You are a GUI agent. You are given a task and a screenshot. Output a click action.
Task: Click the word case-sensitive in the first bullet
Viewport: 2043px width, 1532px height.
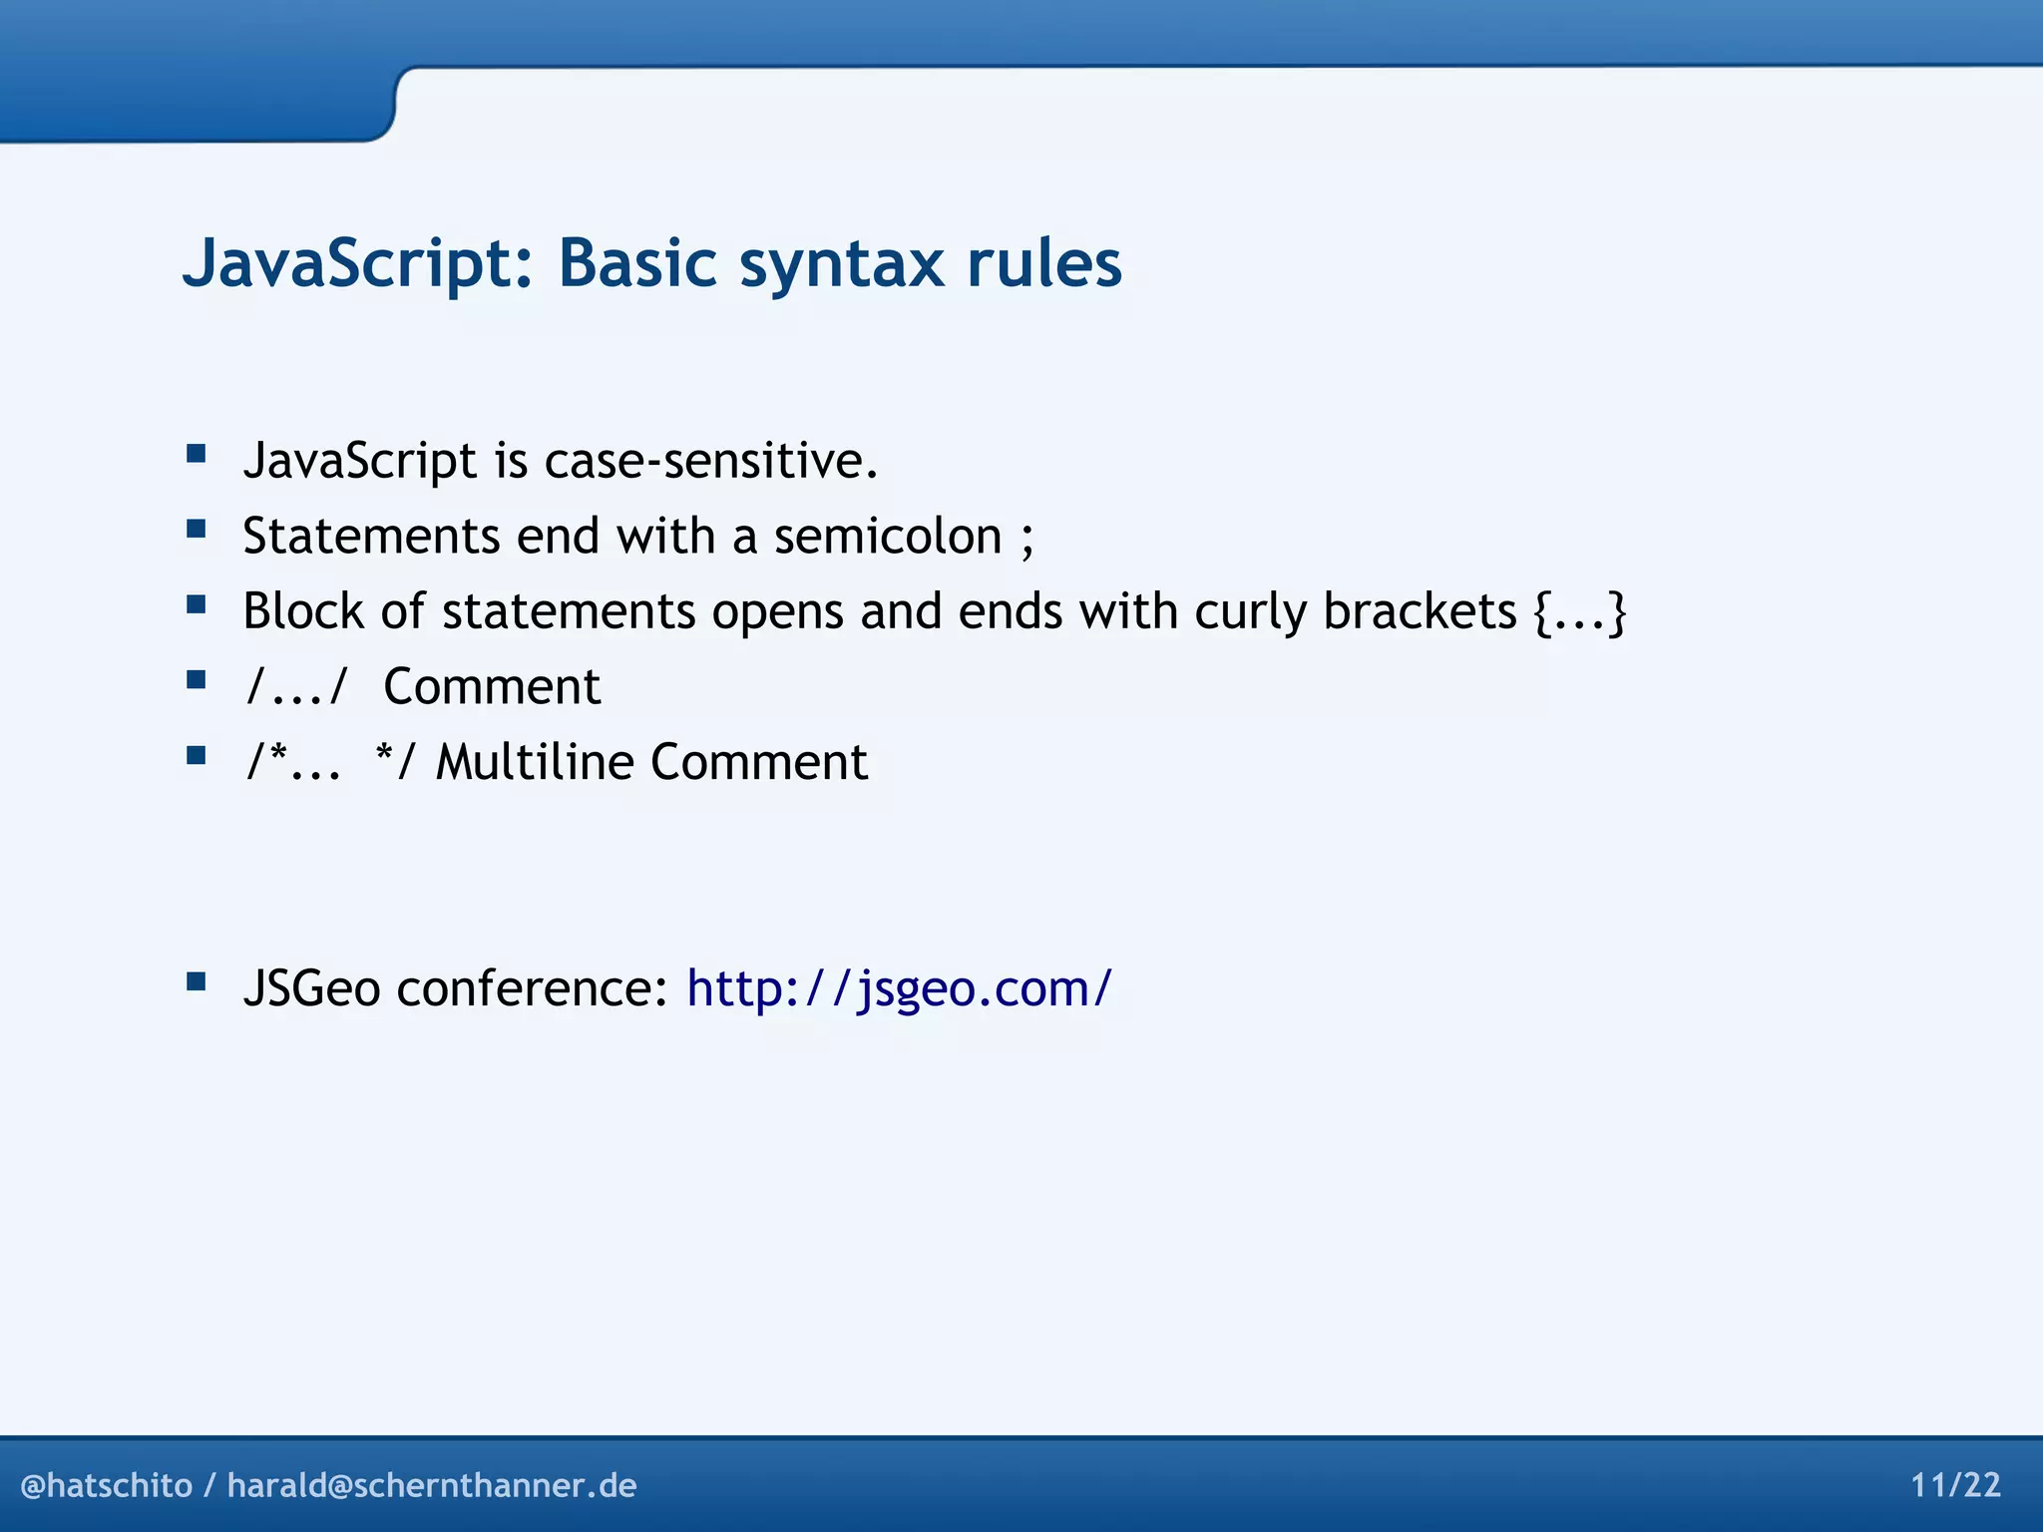(x=710, y=461)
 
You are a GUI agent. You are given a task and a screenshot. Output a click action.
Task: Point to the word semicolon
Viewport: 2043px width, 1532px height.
(x=888, y=537)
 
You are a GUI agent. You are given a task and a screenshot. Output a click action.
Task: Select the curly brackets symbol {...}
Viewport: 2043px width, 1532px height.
(x=1580, y=611)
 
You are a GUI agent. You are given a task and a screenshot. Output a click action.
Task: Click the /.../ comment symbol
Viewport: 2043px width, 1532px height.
(x=296, y=687)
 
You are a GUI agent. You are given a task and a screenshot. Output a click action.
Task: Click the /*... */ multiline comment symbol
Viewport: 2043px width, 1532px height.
(x=330, y=762)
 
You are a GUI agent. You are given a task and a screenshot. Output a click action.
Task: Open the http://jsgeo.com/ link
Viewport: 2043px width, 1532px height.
(x=899, y=988)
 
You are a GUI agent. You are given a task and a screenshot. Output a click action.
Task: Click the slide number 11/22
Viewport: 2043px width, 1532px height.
(x=1955, y=1485)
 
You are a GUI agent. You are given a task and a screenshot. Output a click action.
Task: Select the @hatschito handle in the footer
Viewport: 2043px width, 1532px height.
(x=106, y=1485)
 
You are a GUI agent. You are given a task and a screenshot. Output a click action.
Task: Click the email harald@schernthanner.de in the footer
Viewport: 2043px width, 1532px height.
(x=432, y=1485)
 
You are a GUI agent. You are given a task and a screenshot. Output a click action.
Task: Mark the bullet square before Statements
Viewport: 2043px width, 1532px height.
(x=197, y=530)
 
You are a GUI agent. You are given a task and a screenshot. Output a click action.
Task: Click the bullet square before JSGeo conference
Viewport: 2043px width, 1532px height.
(x=197, y=982)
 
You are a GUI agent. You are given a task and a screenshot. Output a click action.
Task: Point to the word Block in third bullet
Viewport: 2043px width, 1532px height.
(x=302, y=611)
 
